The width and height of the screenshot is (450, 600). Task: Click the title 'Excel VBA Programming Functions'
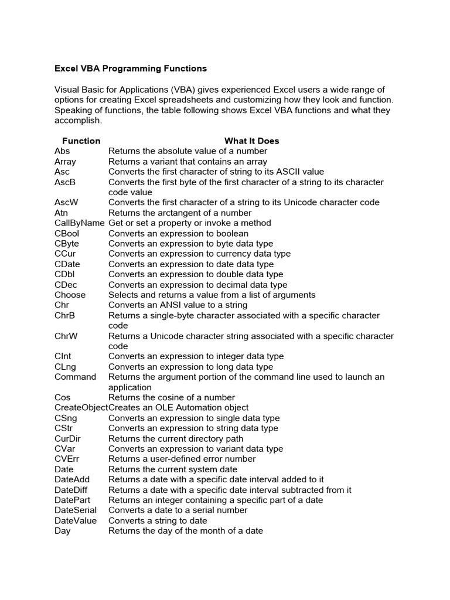(131, 69)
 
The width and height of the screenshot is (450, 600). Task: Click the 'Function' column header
(81, 141)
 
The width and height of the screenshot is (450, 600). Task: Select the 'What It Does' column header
(251, 141)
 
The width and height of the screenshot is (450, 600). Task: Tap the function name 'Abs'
(62, 151)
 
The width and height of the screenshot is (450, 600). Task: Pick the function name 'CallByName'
(80, 223)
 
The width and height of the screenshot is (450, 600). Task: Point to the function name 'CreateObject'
(81, 407)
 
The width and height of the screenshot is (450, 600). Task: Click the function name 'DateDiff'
(71, 489)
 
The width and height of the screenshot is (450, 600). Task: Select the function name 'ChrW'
(65, 336)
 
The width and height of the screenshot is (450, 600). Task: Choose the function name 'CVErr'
(67, 459)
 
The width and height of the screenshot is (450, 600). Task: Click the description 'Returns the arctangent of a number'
(180, 213)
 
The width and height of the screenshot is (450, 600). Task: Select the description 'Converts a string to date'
(158, 520)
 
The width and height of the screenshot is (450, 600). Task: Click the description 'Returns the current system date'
(173, 469)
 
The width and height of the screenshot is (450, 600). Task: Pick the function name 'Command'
(75, 377)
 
